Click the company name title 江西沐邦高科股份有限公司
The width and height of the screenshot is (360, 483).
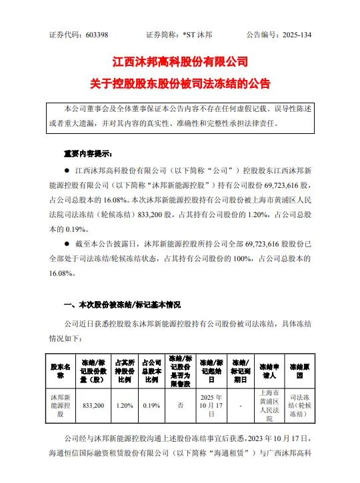[180, 63]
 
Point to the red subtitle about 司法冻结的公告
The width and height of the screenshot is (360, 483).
[180, 85]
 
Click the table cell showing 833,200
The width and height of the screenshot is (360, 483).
[91, 404]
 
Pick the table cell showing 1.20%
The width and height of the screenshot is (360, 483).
[123, 404]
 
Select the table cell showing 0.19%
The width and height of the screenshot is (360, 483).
[150, 404]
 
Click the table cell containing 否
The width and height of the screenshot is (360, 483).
[180, 404]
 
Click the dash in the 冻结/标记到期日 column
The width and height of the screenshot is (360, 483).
[240, 404]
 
